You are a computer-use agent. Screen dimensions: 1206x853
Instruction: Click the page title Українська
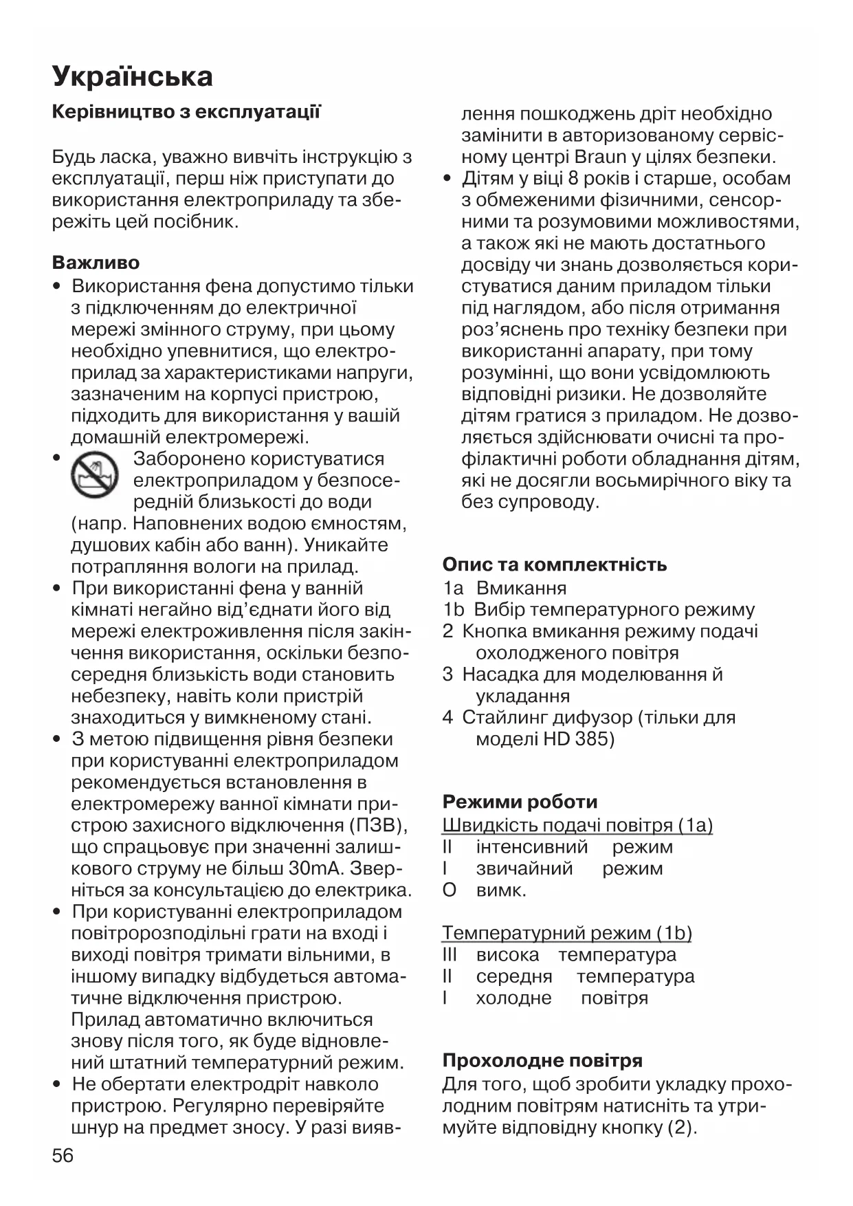(133, 76)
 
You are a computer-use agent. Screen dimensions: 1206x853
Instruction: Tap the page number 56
(63, 1154)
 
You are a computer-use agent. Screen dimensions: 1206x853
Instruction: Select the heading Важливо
(96, 263)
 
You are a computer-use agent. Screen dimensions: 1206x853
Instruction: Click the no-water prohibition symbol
(95, 475)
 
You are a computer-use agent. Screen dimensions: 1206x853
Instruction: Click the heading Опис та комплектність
(554, 564)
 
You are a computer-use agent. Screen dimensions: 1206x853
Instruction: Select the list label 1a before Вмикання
(453, 589)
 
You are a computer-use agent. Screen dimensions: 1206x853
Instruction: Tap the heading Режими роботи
(520, 802)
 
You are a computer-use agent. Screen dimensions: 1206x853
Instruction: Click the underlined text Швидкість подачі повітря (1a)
(577, 825)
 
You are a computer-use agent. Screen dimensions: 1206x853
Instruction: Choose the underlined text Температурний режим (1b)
(566, 933)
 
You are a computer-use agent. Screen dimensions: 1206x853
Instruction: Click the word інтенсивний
(531, 847)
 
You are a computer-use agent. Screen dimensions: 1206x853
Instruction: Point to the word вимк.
(500, 890)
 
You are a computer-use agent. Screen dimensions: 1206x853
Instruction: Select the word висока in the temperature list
(507, 954)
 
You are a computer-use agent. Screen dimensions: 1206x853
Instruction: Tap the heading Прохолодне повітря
(542, 1060)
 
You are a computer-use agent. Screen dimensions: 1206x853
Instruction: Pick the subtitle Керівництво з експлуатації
(186, 112)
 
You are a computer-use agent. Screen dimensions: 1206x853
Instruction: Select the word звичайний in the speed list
(524, 868)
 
